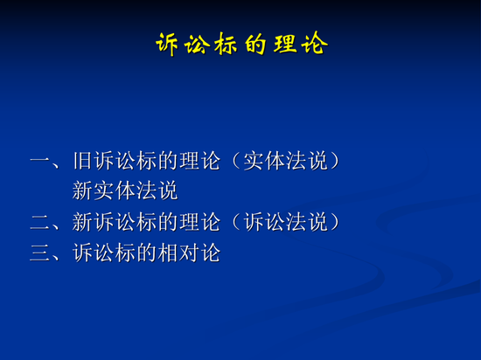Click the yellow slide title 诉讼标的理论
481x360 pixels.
pyautogui.click(x=241, y=44)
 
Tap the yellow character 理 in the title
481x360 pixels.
pyautogui.click(x=285, y=44)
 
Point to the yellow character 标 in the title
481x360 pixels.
pyautogui.click(x=227, y=45)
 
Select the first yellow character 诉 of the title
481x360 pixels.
pyautogui.click(x=167, y=45)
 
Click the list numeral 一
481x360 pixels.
pyautogui.click(x=40, y=161)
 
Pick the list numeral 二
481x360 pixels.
pyautogui.click(x=40, y=223)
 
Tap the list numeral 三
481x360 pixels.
pyautogui.click(x=40, y=253)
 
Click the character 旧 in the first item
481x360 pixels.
pyautogui.click(x=83, y=161)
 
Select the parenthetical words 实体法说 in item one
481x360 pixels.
pyautogui.click(x=285, y=161)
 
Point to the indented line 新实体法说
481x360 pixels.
pyautogui.click(x=125, y=190)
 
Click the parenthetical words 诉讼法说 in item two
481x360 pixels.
pyautogui.click(x=285, y=222)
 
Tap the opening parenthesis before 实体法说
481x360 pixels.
pyautogui.click(x=235, y=161)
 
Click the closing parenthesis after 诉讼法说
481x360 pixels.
pyautogui.click(x=335, y=222)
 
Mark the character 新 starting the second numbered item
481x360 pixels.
pyautogui.click(x=83, y=222)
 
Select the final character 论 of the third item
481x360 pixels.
pyautogui.click(x=211, y=253)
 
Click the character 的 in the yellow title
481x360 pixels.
pyautogui.click(x=255, y=45)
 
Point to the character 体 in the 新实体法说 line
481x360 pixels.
pyautogui.click(x=125, y=190)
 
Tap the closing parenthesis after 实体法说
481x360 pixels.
pyautogui.click(x=335, y=161)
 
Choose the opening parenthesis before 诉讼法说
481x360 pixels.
pyautogui.click(x=235, y=222)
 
